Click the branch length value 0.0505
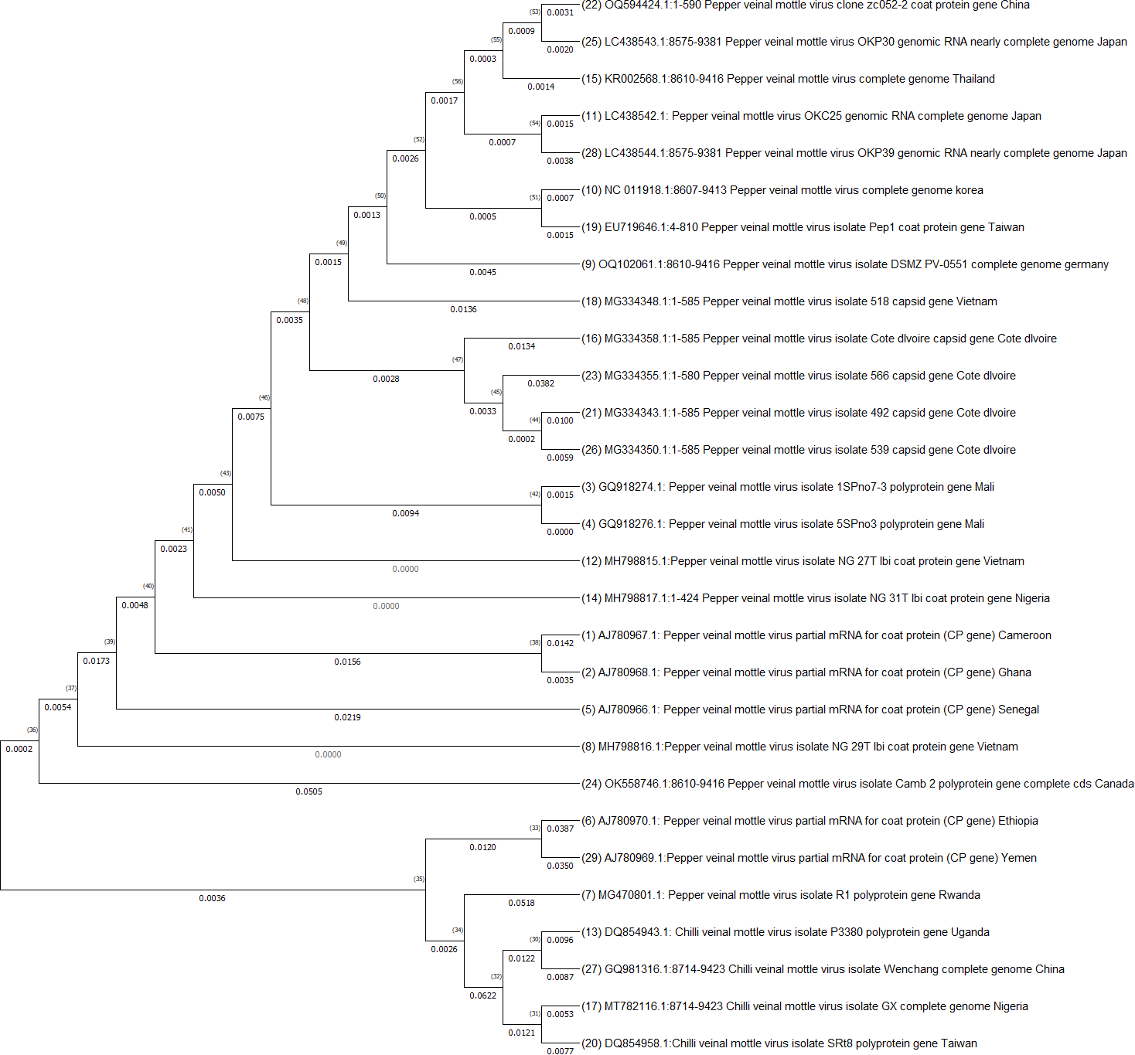click(308, 791)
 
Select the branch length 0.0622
click(482, 995)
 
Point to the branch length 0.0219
click(347, 717)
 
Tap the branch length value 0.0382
click(540, 383)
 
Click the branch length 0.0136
click(463, 309)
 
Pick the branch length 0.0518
click(521, 903)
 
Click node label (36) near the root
click(32, 730)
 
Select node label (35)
click(419, 879)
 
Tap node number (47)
click(458, 359)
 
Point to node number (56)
click(458, 81)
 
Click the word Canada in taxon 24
click(1115, 784)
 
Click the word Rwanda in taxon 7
click(959, 895)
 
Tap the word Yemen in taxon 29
click(1018, 858)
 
